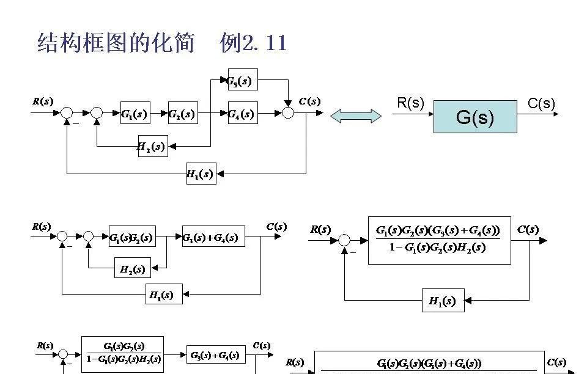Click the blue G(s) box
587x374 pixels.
click(475, 117)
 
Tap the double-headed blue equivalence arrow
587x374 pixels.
click(356, 116)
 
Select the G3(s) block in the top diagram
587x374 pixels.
click(243, 80)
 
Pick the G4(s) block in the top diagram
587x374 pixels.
click(243, 113)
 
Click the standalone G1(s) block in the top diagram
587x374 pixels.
click(135, 113)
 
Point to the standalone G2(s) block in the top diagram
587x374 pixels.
click(183, 113)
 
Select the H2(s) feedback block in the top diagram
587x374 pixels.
click(152, 146)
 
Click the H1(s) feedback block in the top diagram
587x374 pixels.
click(201, 174)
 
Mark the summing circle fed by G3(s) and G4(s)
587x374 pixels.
click(289, 113)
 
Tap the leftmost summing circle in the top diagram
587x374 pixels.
click(67, 113)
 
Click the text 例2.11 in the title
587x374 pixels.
click(253, 43)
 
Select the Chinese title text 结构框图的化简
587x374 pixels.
click(116, 43)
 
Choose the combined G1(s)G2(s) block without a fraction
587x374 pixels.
click(132, 237)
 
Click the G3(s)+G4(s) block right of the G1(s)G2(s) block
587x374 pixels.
click(213, 237)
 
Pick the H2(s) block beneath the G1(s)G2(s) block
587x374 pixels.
click(133, 268)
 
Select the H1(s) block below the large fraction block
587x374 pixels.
click(443, 301)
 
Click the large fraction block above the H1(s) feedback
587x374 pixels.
click(439, 239)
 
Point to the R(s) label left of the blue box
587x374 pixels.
click(410, 103)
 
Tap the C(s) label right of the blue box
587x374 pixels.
click(541, 103)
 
